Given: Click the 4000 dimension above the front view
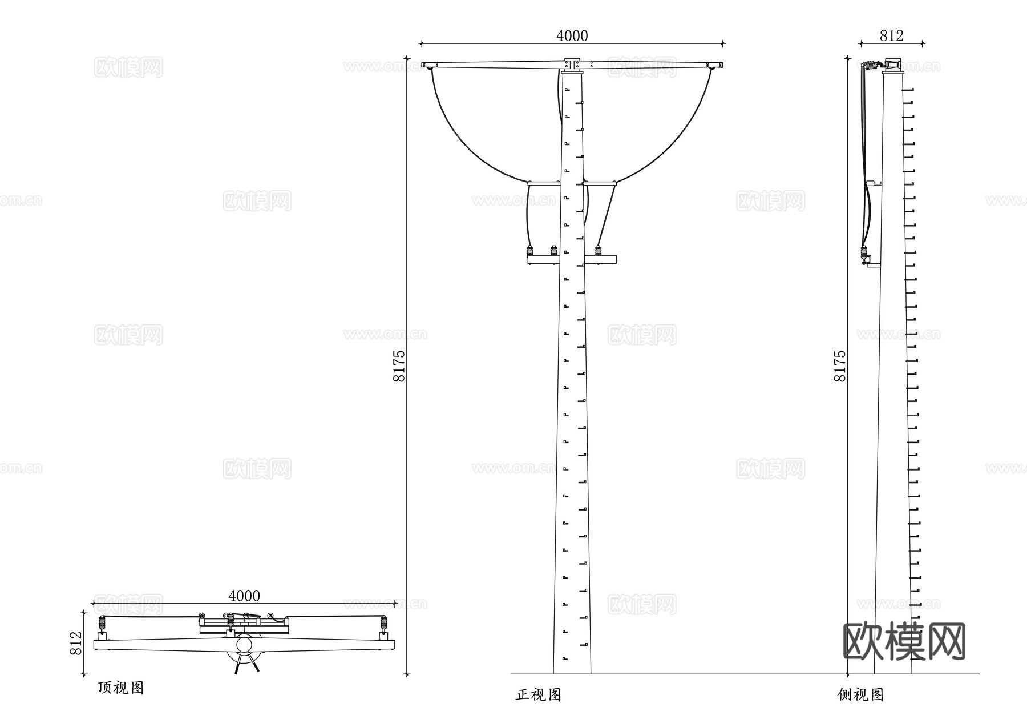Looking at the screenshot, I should (572, 36).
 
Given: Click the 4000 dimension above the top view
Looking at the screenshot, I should (244, 596).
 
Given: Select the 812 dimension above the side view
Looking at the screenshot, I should (891, 36).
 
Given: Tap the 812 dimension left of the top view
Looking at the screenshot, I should (76, 643).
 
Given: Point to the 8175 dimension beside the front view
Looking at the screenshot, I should (398, 365).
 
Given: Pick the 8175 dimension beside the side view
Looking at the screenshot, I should (840, 365).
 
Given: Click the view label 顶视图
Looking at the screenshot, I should (121, 688).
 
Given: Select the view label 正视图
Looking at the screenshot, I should (539, 694).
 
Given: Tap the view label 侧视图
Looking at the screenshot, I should (860, 694).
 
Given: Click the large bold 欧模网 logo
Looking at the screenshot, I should (904, 641).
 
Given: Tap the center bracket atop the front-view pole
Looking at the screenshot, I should (572, 64).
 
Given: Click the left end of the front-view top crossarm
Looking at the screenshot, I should (425, 65).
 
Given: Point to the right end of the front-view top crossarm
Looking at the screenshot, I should (719, 65).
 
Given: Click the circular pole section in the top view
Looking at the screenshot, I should (245, 645).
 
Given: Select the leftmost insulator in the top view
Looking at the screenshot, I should (103, 623).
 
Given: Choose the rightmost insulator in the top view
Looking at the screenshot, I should (384, 623).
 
